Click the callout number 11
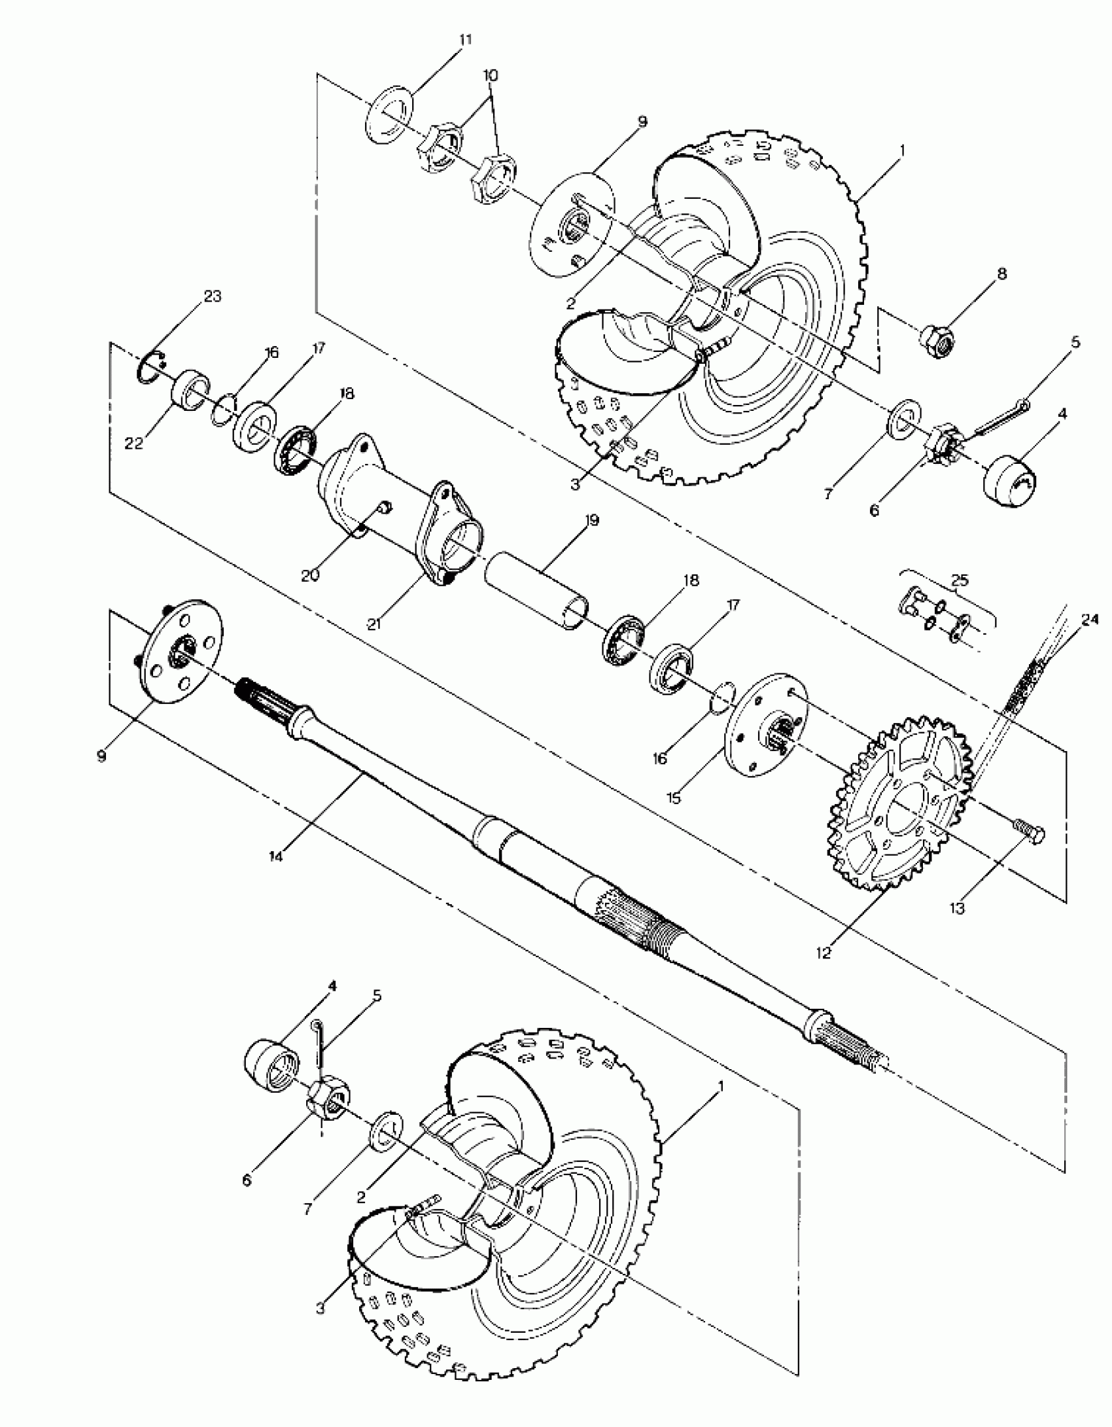[x=465, y=40]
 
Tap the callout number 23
[x=213, y=296]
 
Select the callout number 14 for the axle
[x=276, y=856]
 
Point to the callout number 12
[x=824, y=953]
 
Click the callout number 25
[x=960, y=580]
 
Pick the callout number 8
[x=1001, y=273]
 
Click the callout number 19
[x=592, y=521]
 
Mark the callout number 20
[x=310, y=576]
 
